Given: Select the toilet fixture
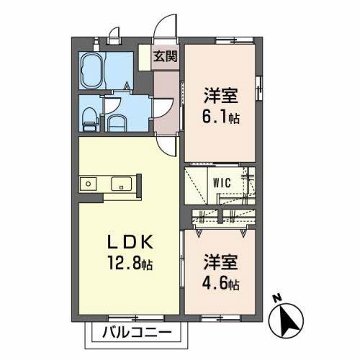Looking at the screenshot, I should (x=89, y=118).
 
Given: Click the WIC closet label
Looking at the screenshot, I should (x=220, y=183).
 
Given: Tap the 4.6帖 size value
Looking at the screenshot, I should (x=220, y=284).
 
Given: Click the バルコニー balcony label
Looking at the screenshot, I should (x=136, y=333).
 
